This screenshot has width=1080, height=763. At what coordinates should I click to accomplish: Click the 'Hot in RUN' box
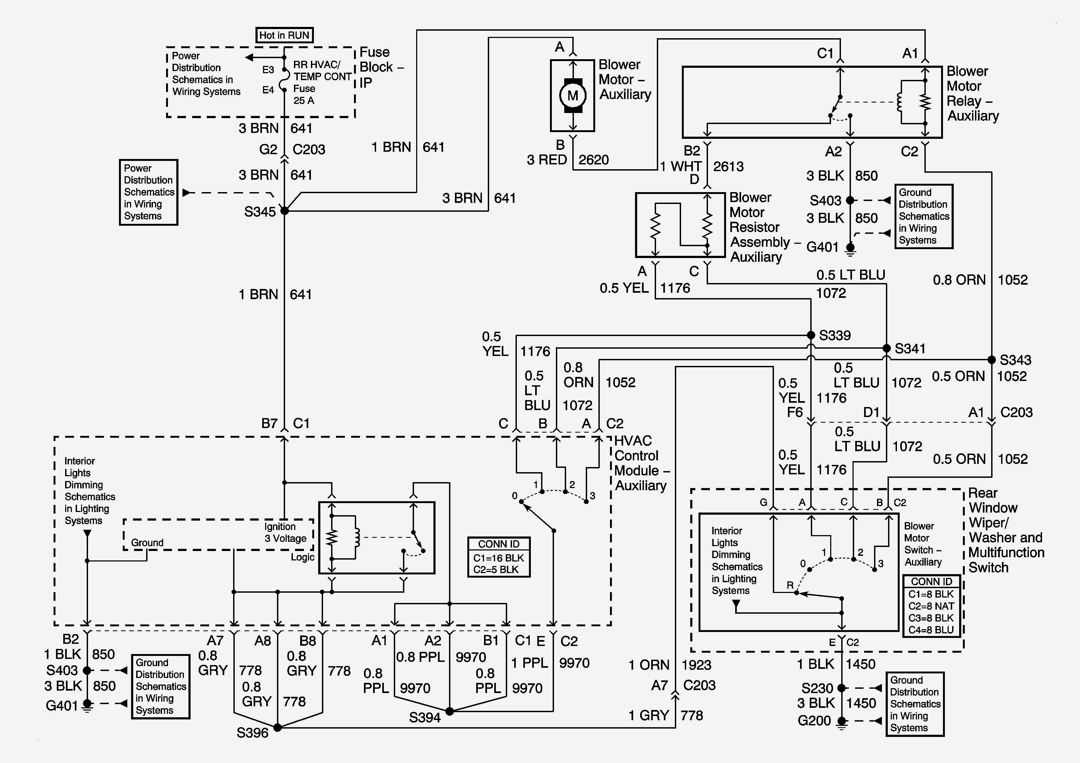click(284, 35)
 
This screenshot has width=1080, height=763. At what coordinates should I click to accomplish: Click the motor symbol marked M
click(573, 96)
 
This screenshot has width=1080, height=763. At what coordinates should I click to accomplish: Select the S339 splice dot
click(811, 335)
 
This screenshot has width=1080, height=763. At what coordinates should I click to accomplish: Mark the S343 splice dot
click(991, 360)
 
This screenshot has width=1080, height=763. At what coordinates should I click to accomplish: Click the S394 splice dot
click(450, 711)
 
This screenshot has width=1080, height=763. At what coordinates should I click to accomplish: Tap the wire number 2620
click(594, 160)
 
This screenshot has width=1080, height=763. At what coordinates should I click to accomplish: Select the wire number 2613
click(728, 167)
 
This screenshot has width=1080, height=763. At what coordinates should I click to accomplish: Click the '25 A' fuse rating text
click(304, 100)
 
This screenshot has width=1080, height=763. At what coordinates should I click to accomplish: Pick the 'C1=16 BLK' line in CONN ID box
click(499, 558)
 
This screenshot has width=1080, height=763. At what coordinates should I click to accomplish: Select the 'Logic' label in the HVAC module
click(303, 557)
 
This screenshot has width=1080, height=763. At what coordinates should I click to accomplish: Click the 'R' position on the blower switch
click(790, 585)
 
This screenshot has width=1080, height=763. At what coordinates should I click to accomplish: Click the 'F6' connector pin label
click(795, 412)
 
